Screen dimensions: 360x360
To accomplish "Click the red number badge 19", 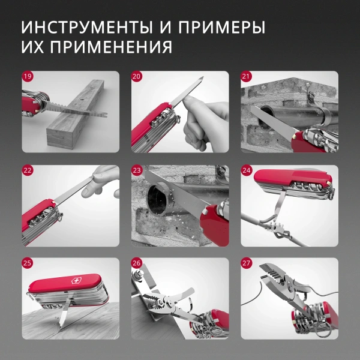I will pyautogui.click(x=28, y=77).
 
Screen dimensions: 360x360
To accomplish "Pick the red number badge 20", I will pyautogui.click(x=137, y=77).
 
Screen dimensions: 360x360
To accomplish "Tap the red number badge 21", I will pyautogui.click(x=246, y=77).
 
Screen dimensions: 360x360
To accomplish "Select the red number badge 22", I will pyautogui.click(x=28, y=170).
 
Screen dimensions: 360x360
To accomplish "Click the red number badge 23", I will pyautogui.click(x=137, y=170).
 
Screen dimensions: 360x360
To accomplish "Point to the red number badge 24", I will pyautogui.click(x=246, y=170).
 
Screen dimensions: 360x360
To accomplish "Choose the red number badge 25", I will pyautogui.click(x=28, y=263).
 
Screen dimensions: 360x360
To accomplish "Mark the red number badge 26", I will pyautogui.click(x=137, y=263).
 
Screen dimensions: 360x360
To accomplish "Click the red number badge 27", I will pyautogui.click(x=246, y=263).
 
